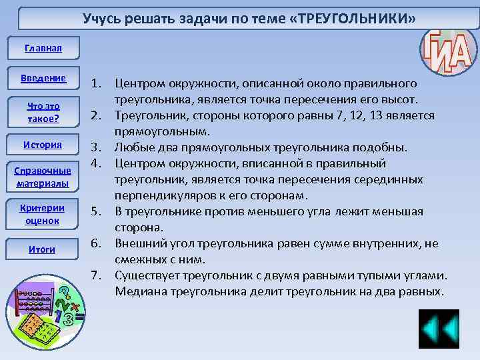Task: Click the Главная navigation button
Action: coord(43,48)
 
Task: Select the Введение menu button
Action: coord(43,78)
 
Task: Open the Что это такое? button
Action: coord(43,112)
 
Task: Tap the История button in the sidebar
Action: coord(43,145)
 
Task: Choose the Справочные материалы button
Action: coord(43,177)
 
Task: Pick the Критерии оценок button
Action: coord(43,214)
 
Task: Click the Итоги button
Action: coord(43,249)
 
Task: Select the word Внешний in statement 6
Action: coord(139,244)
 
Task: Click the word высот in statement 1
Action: coord(399,100)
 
